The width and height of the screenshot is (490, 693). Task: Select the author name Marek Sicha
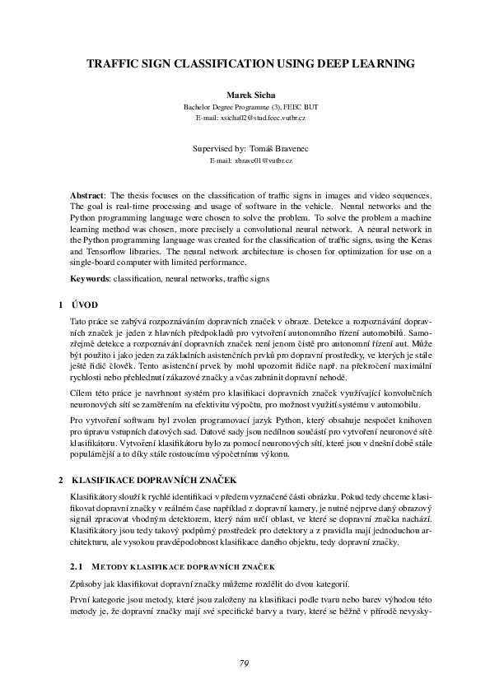tap(245, 96)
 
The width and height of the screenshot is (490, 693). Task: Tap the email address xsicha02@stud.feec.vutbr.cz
tap(250, 119)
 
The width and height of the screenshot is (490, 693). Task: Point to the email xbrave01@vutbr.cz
tap(245, 160)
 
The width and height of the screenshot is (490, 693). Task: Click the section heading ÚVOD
tap(86, 305)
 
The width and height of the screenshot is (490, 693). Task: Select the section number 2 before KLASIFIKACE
tap(60, 479)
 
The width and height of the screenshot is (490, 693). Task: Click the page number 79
tap(245, 663)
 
